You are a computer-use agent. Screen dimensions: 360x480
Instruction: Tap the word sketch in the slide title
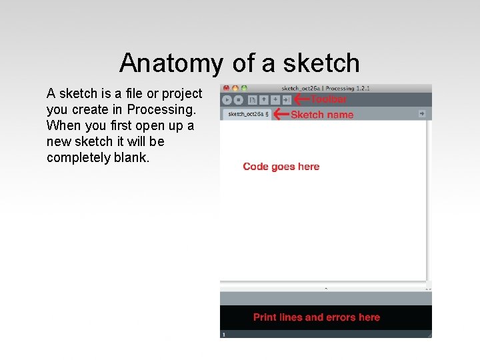coord(321,63)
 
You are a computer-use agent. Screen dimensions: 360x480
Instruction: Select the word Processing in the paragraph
coord(159,109)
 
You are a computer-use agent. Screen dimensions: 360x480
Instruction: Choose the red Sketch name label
coord(322,115)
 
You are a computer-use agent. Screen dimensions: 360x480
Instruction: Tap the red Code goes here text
coord(281,167)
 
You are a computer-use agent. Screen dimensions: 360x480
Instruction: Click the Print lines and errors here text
coord(316,317)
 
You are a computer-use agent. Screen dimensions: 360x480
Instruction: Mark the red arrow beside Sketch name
coord(281,114)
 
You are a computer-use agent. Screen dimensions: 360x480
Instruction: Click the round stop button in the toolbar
coord(239,100)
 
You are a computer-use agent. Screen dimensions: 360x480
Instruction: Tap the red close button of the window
coord(226,88)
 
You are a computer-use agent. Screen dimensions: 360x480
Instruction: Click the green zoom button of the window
coord(244,88)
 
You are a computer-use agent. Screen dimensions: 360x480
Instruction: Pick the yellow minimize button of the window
coord(235,88)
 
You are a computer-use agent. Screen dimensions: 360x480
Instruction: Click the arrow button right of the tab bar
coord(422,114)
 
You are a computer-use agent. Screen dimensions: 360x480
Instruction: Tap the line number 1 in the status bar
coord(224,334)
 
